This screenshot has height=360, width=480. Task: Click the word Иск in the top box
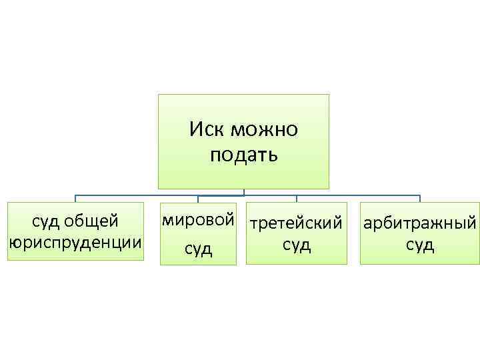[x=205, y=129]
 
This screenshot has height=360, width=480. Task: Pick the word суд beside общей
[x=47, y=220]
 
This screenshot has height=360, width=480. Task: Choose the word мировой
[x=198, y=219]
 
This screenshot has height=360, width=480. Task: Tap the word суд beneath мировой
[x=198, y=249]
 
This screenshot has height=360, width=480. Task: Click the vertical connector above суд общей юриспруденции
[x=75, y=198]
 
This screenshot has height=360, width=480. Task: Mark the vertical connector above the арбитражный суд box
[x=419, y=198]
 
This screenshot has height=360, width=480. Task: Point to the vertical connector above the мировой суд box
[x=198, y=198]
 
